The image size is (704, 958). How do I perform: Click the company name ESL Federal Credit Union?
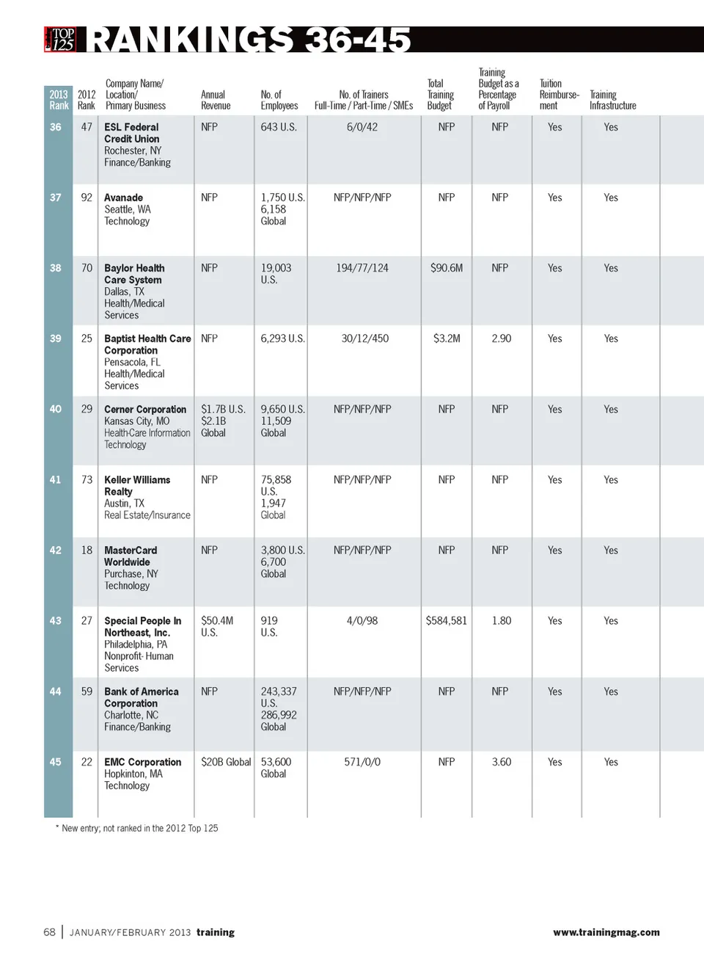click(131, 133)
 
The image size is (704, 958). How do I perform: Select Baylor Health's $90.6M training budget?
click(446, 268)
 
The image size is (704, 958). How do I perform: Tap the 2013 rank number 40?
click(56, 409)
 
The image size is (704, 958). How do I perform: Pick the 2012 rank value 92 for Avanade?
click(87, 197)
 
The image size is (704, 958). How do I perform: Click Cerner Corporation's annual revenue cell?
click(223, 421)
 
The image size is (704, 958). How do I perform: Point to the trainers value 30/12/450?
click(364, 338)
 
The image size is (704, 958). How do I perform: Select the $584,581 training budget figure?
click(446, 620)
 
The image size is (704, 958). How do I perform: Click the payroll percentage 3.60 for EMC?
click(501, 762)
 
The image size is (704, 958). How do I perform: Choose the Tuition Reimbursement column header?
click(559, 95)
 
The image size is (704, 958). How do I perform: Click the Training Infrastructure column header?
click(612, 100)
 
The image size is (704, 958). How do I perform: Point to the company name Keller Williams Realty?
click(137, 485)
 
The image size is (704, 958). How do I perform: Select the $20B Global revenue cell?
click(226, 762)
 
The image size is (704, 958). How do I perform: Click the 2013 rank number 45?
click(56, 762)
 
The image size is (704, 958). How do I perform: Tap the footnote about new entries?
click(137, 828)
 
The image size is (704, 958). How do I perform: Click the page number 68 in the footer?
click(49, 932)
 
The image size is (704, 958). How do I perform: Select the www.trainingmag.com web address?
click(606, 932)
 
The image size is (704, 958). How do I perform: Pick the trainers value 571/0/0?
click(362, 762)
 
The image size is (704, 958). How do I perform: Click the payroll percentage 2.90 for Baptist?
click(501, 338)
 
